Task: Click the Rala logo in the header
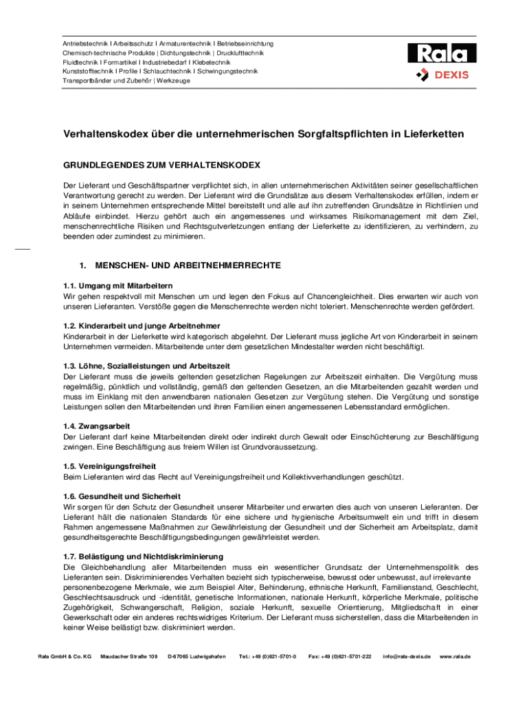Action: click(442, 54)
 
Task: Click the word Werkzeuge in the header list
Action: click(173, 80)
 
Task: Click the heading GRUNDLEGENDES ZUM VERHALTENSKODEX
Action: click(161, 166)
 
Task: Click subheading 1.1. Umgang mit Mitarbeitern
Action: click(117, 285)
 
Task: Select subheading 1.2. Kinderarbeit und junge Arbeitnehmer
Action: click(142, 325)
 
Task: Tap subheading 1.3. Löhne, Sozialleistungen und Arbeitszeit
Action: click(146, 366)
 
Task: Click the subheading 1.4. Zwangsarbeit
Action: click(97, 426)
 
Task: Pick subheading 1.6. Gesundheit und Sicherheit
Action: click(122, 496)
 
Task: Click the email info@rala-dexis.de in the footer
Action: click(407, 657)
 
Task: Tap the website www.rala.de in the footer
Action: click(455, 657)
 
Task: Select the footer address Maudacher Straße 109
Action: click(129, 657)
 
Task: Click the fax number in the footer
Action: click(340, 657)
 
